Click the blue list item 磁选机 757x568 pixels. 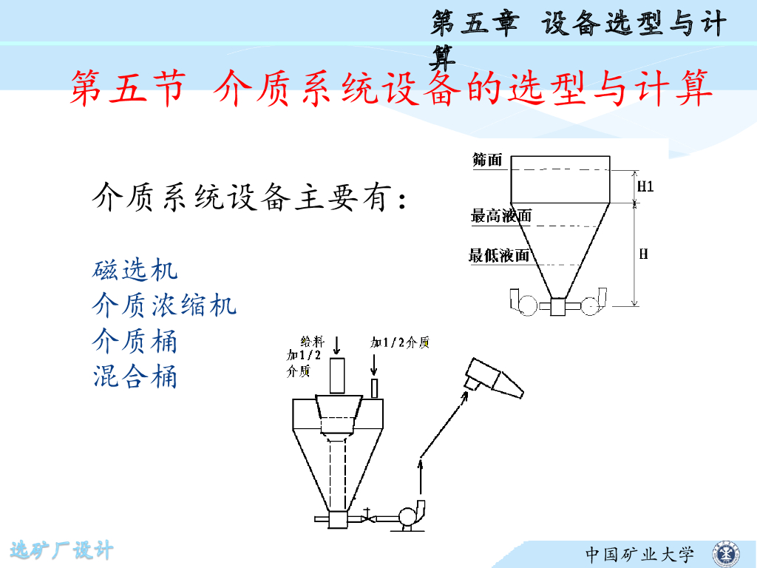click(x=135, y=269)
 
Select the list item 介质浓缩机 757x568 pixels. click(x=164, y=305)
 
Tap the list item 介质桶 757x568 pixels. click(x=135, y=340)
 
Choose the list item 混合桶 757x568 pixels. click(x=135, y=376)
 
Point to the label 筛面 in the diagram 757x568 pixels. click(x=487, y=160)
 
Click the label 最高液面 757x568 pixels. click(x=501, y=215)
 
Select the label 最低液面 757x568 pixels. click(x=499, y=255)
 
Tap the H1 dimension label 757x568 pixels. click(x=645, y=186)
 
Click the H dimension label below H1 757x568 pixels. click(x=644, y=254)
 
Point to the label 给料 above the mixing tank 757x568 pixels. click(x=312, y=342)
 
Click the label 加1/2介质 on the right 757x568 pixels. click(x=400, y=342)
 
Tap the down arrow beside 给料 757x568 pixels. click(x=337, y=345)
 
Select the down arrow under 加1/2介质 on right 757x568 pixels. click(x=373, y=365)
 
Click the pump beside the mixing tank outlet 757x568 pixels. click(x=410, y=517)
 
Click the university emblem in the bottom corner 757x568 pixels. click(x=726, y=554)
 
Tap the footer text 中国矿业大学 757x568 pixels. click(x=639, y=555)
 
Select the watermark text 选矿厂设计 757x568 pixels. click(x=62, y=550)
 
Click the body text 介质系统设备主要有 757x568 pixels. click(x=250, y=197)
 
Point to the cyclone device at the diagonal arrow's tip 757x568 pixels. click(x=494, y=378)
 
